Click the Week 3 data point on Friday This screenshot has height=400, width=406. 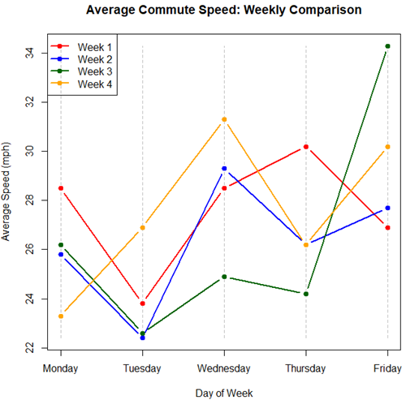(387, 46)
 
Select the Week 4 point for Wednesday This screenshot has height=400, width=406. (224, 119)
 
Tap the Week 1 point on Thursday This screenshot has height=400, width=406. (306, 147)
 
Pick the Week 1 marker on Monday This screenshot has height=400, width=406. (61, 188)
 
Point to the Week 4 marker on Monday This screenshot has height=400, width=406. (61, 316)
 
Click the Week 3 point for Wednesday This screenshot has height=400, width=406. (224, 277)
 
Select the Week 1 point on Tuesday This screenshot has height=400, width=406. (143, 303)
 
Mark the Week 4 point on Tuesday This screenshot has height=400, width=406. (143, 227)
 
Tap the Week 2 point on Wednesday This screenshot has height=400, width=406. (224, 169)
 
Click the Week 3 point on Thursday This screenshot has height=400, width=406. (306, 294)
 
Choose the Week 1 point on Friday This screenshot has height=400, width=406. (387, 227)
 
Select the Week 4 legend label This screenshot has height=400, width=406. (95, 84)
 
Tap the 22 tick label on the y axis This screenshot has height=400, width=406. (29, 348)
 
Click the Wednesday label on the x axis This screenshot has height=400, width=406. (224, 368)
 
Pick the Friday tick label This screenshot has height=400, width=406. (387, 368)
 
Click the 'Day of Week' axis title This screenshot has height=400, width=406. (224, 392)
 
